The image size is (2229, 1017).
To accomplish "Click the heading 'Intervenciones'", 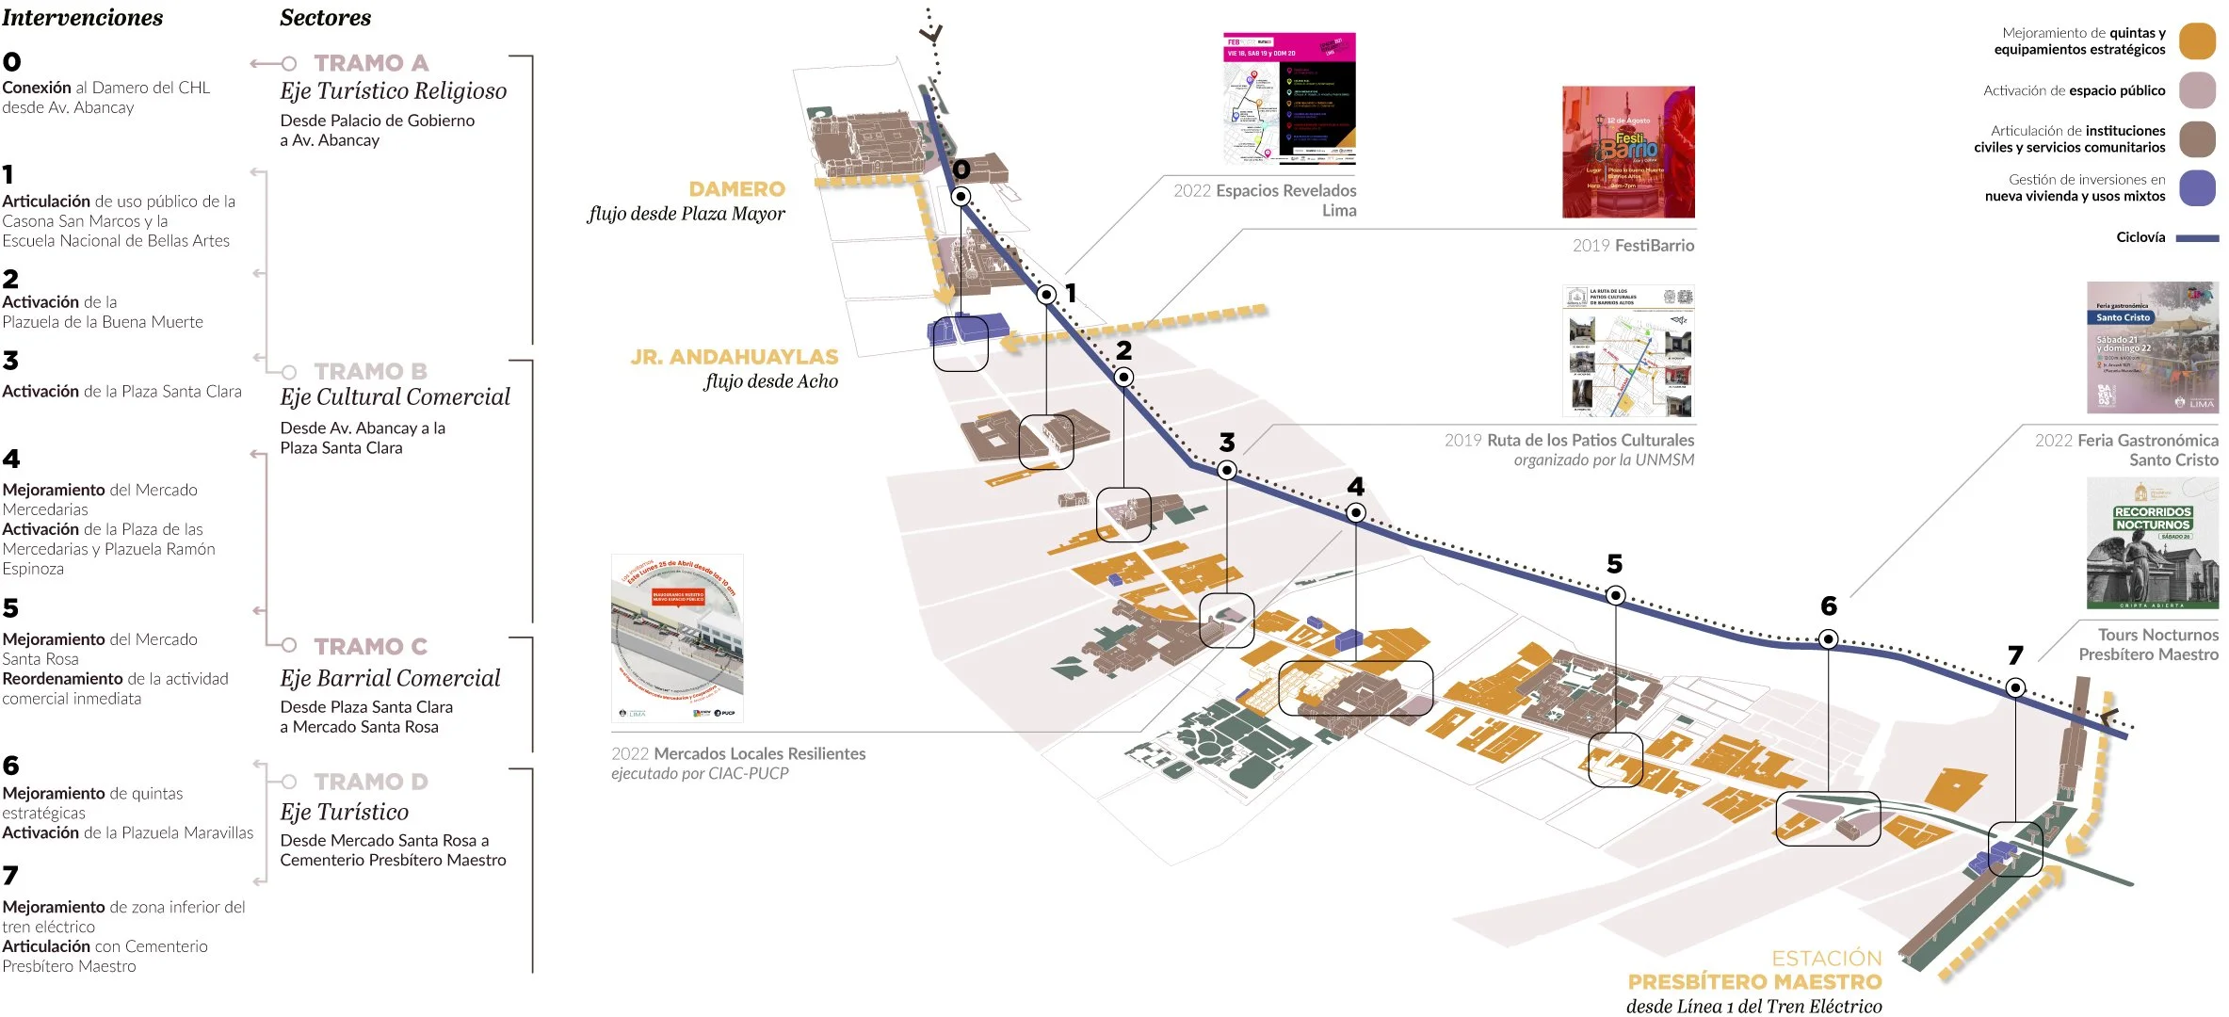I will [83, 18].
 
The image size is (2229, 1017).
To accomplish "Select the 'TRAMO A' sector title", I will [371, 63].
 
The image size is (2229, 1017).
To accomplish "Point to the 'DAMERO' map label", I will [736, 189].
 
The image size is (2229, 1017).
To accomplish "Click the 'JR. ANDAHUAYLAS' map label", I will [734, 357].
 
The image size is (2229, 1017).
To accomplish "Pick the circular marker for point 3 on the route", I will [1226, 469].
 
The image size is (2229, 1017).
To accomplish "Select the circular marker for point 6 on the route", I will [1828, 639].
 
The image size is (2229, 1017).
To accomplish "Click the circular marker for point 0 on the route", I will [961, 197].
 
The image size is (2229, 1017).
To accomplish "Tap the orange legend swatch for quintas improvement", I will [2197, 42].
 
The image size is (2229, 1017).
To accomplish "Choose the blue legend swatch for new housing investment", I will [2197, 188].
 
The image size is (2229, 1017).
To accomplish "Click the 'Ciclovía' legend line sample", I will [2197, 238].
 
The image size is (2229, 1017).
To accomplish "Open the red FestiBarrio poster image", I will [1628, 153].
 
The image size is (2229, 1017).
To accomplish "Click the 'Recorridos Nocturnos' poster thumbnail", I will [2152, 543].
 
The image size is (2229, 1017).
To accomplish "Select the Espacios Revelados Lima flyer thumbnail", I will [1289, 99].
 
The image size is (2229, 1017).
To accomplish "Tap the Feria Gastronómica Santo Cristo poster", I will [2152, 347].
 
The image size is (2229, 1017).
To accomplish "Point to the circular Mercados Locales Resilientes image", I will [677, 638].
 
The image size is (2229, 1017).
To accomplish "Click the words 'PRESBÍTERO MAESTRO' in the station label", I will [1754, 981].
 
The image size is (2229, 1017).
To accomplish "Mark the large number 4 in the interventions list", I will [11, 460].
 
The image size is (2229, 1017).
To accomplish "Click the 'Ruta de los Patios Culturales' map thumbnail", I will [1628, 351].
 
